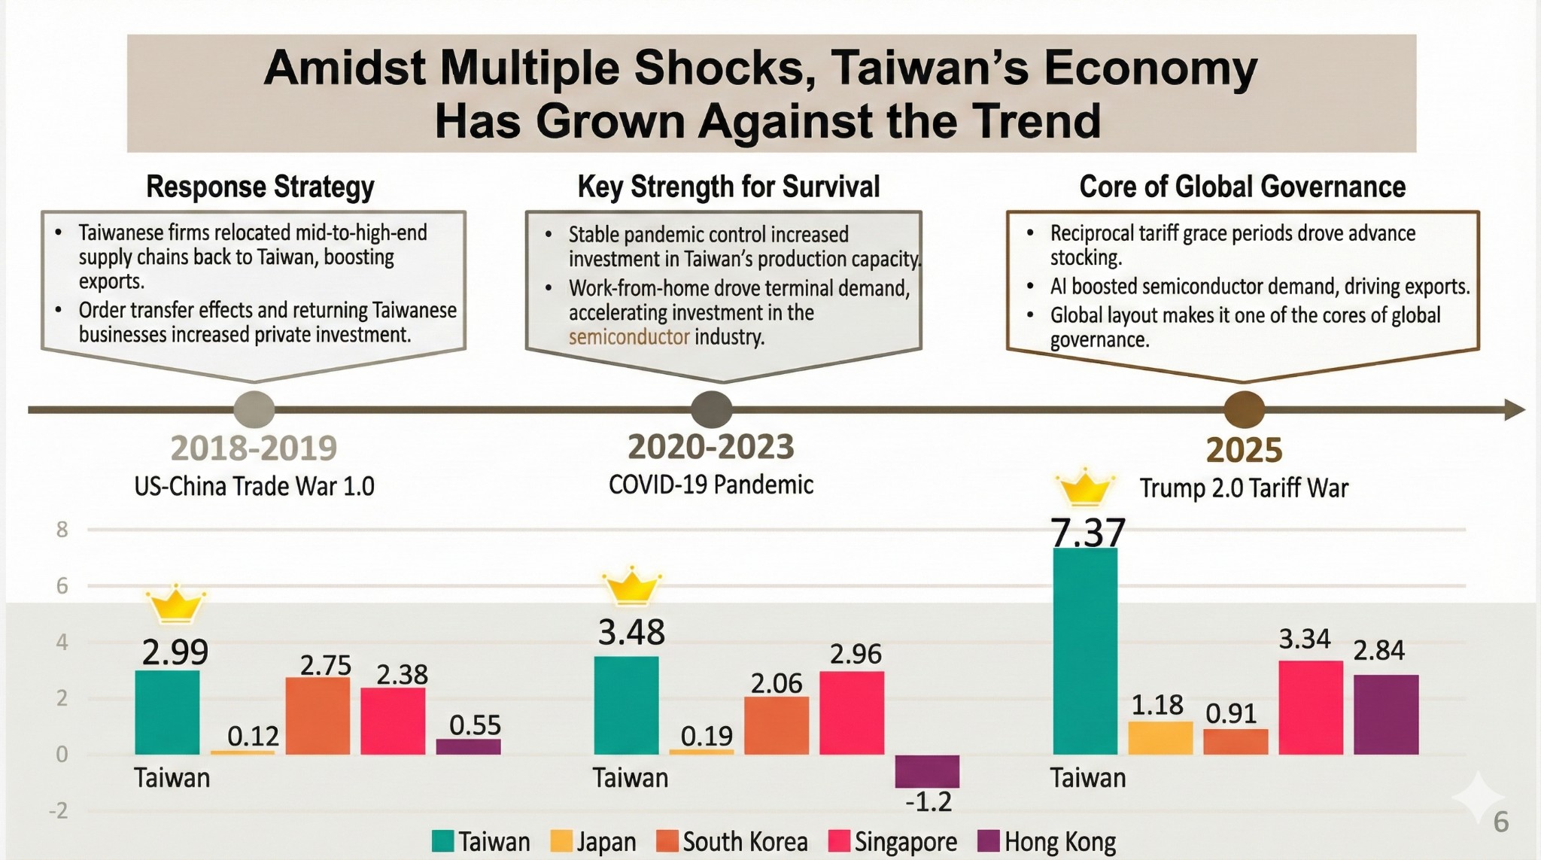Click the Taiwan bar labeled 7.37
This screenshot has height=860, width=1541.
point(1084,651)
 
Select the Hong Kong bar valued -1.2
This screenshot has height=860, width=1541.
point(927,771)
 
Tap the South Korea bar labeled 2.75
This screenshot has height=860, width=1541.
point(318,716)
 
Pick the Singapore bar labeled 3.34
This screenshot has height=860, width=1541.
point(1311,707)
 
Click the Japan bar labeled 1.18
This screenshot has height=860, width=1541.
point(1160,738)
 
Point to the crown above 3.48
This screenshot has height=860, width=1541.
point(632,587)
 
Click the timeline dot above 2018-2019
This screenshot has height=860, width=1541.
point(254,410)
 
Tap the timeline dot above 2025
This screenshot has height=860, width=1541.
point(1244,410)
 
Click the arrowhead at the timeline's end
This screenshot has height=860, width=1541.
point(1514,410)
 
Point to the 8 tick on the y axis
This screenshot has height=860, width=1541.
point(62,530)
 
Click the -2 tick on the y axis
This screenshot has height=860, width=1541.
point(58,810)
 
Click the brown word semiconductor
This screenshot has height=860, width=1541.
point(628,336)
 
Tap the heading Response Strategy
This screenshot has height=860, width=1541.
point(260,187)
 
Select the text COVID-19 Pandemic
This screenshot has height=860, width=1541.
point(711,485)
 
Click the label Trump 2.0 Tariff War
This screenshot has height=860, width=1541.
point(1244,488)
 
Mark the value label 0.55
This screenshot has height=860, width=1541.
point(475,725)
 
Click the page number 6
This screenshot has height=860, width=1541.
point(1500,822)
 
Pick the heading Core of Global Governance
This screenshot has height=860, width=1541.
point(1242,187)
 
